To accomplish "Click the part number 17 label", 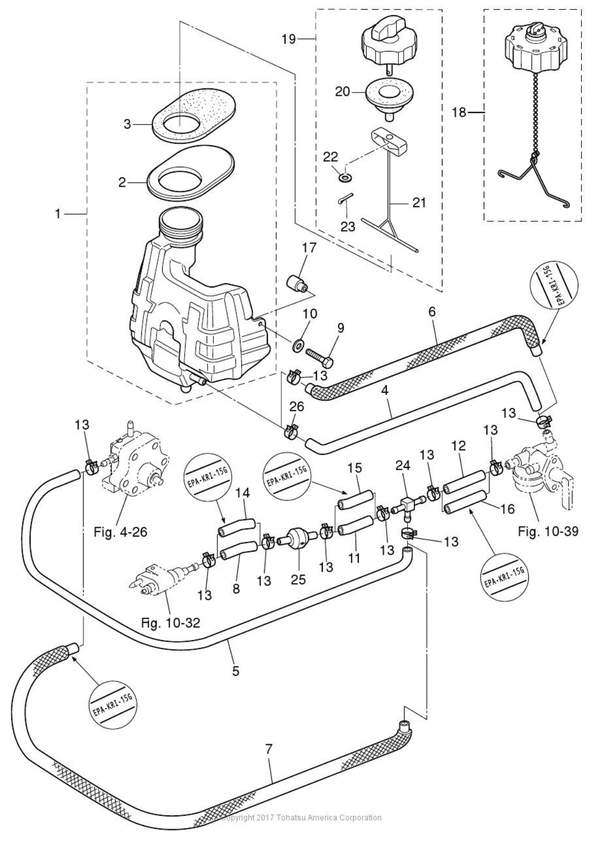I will [x=309, y=247].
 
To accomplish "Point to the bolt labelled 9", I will [x=317, y=356].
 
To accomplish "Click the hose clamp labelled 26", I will [x=291, y=432].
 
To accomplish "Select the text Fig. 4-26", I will [x=120, y=532].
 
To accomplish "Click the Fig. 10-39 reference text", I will [x=548, y=532].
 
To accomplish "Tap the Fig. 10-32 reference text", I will [x=171, y=623].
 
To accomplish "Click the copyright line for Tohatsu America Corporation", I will [x=302, y=817].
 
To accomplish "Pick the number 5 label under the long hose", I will [x=236, y=670].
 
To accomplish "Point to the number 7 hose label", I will [x=269, y=749].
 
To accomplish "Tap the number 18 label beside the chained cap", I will [x=459, y=112].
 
